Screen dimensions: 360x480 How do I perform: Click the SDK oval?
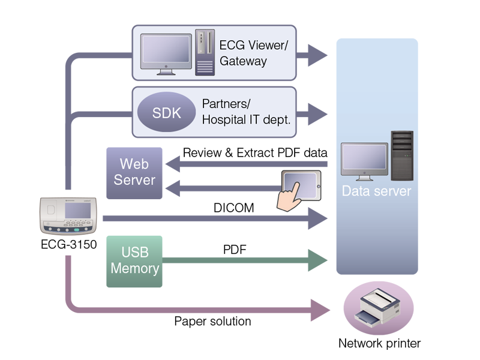point(167,112)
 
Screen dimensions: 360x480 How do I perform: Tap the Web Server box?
point(134,172)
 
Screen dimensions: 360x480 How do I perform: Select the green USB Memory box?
point(134,261)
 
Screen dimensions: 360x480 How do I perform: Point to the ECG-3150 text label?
point(69,245)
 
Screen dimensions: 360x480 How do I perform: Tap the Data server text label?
point(376,192)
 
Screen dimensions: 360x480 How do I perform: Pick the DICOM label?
point(233,208)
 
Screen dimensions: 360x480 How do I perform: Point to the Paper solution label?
point(212,322)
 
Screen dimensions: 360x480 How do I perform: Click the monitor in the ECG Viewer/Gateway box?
point(165,53)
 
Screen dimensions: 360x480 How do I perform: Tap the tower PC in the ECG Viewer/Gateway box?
point(205,52)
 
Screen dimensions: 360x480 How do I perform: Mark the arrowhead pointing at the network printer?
point(320,310)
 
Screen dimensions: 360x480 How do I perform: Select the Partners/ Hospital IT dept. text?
point(246,112)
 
